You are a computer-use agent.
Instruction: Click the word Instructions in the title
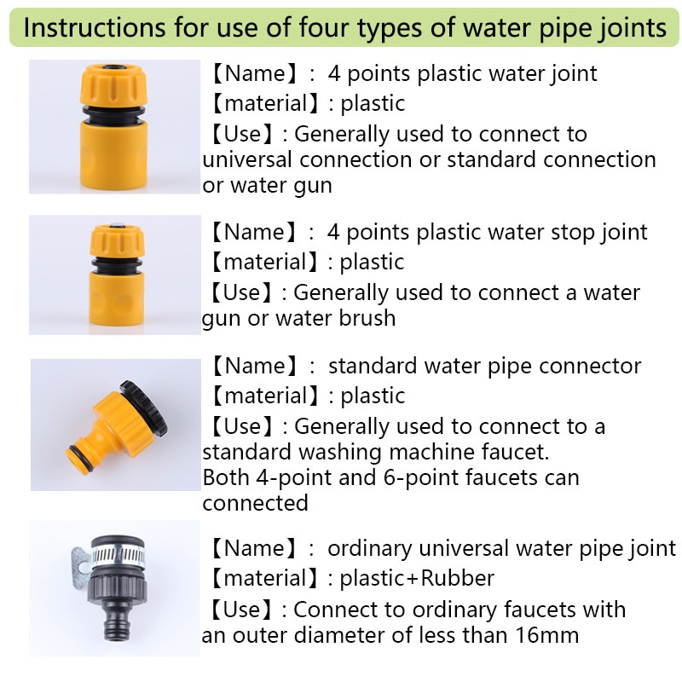95,27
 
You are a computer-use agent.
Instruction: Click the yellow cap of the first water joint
113,84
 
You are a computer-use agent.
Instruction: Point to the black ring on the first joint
113,115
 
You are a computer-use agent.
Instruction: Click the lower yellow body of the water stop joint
117,297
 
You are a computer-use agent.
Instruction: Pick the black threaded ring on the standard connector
144,407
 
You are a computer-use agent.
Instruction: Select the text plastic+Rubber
417,579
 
